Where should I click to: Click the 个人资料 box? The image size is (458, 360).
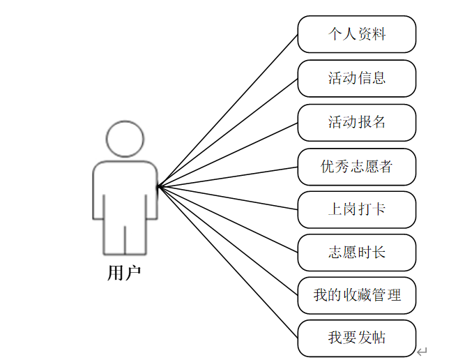(x=356, y=34)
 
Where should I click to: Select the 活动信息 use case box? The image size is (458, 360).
(x=356, y=78)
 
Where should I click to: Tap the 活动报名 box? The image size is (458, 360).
(x=356, y=122)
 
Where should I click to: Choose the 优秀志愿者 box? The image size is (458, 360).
(x=356, y=166)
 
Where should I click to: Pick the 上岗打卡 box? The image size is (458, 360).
(x=356, y=209)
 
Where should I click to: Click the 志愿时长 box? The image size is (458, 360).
(x=356, y=253)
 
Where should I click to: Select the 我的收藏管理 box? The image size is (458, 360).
(x=356, y=295)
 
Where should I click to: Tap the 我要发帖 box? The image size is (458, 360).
(x=356, y=338)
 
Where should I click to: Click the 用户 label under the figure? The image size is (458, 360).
(x=124, y=273)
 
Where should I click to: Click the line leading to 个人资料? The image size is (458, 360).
(x=228, y=110)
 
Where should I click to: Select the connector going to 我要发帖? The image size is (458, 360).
(x=228, y=262)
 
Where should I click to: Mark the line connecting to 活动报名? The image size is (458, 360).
(x=228, y=155)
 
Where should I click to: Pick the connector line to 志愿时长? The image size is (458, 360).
(x=228, y=218)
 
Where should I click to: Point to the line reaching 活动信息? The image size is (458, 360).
(x=228, y=133)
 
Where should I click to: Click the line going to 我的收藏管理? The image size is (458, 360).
(x=228, y=239)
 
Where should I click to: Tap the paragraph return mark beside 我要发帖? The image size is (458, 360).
(x=422, y=351)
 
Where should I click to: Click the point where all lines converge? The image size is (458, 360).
(x=159, y=186)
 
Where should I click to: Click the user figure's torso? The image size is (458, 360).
(x=124, y=188)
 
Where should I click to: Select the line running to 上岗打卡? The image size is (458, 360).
(x=228, y=197)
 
